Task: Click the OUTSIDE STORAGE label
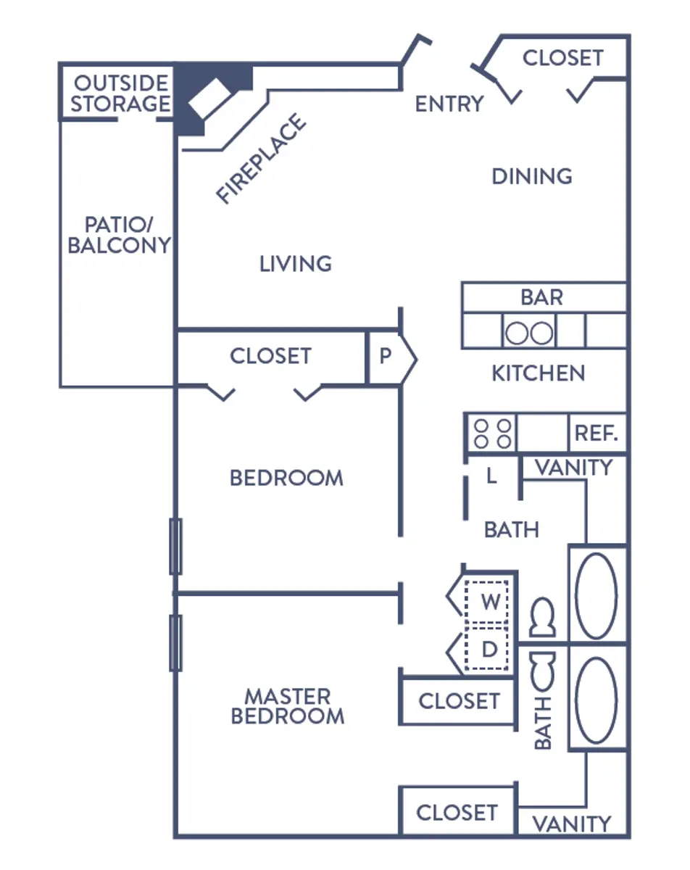120,94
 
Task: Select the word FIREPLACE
262,158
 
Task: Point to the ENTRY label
449,104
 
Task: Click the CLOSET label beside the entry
562,58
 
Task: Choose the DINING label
532,176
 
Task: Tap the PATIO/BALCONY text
119,234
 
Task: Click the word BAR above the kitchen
541,297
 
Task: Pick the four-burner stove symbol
492,434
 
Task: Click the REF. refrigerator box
596,434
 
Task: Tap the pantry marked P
386,356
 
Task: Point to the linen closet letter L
491,477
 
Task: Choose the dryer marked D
490,649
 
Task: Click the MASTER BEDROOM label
287,706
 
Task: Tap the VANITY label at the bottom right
572,824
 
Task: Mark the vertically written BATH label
543,722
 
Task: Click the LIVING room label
296,263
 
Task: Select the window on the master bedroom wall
175,642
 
